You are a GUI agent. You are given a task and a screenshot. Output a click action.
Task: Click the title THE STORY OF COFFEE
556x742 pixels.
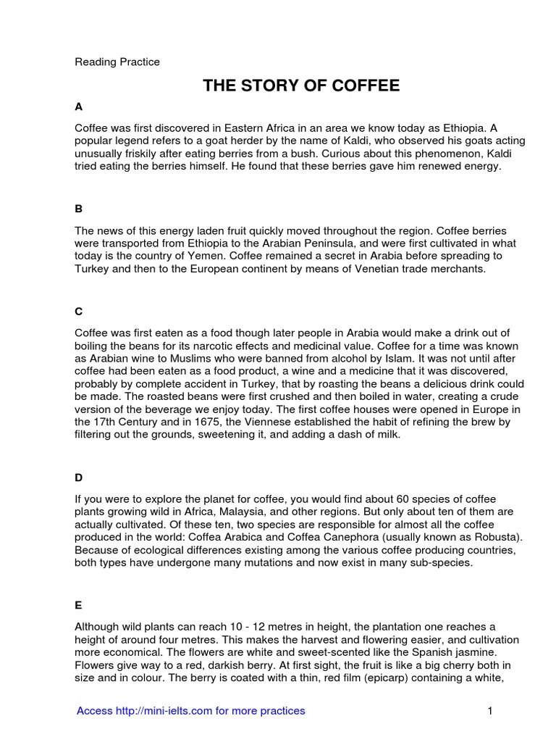(300, 86)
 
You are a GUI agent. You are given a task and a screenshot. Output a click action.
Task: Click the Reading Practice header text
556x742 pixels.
(117, 62)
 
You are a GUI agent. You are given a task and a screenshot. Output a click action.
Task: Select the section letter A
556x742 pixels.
(79, 107)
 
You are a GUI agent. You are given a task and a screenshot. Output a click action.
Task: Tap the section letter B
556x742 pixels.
(79, 209)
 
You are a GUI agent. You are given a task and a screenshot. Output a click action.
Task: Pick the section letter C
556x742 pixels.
(79, 311)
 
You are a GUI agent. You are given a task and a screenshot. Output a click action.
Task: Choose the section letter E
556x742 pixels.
(79, 601)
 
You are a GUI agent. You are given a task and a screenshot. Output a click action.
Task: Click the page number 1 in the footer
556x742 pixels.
(490, 711)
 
